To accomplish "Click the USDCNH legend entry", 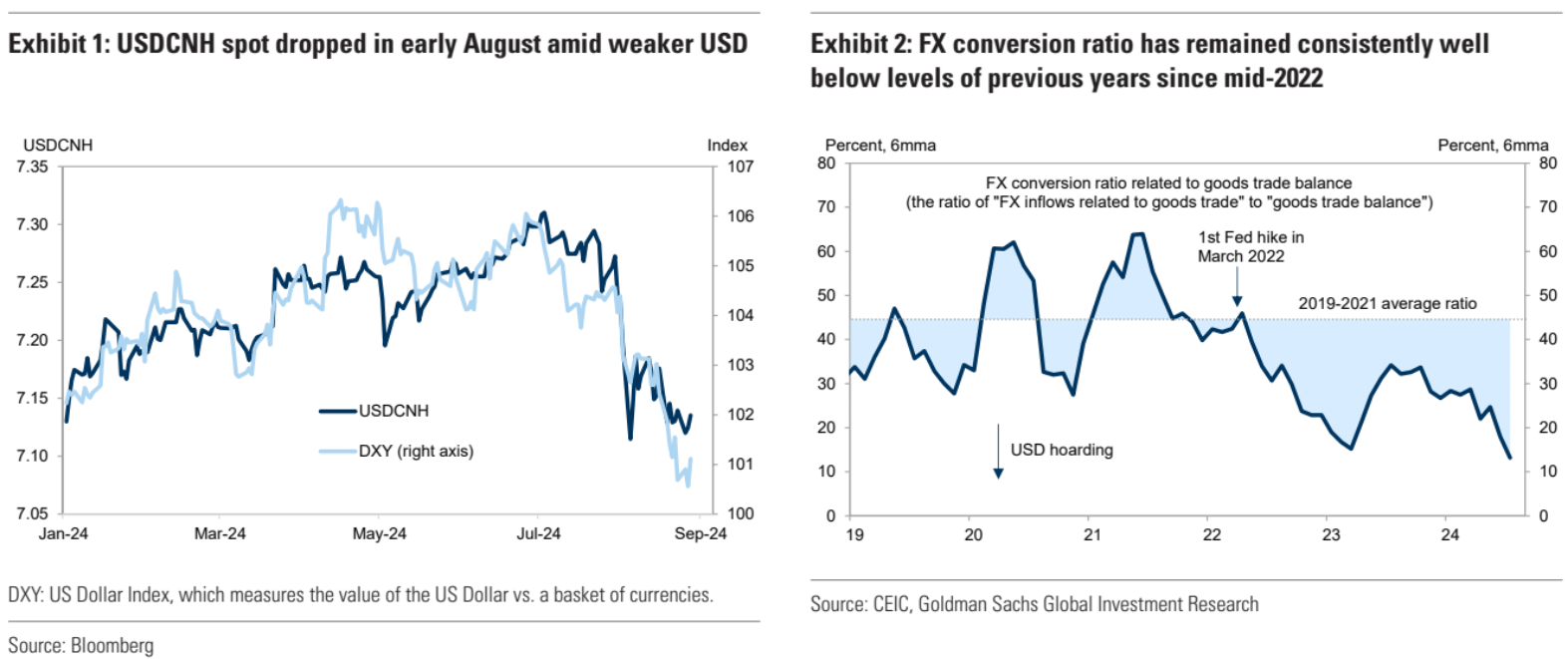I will pos(393,411).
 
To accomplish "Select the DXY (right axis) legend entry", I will pos(415,451).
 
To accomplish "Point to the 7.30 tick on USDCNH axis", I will pos(32,224).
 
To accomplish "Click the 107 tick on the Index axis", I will pos(740,166).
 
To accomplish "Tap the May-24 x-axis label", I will pos(379,533).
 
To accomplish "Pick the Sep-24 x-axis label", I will pos(700,533).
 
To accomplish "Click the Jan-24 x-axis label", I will pos(63,533).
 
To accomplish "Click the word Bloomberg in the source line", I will pos(112,645).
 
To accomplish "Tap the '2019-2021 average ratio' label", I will pos(1387,303).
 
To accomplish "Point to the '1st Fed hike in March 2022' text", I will pos(1250,246).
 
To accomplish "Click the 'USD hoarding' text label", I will pos(1062,450).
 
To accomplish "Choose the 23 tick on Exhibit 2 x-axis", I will pos(1331,534).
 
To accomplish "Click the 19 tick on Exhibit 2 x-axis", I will pos(854,534).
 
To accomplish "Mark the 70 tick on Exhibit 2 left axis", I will pos(826,207).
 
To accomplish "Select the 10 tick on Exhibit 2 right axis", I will pos(1547,472).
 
